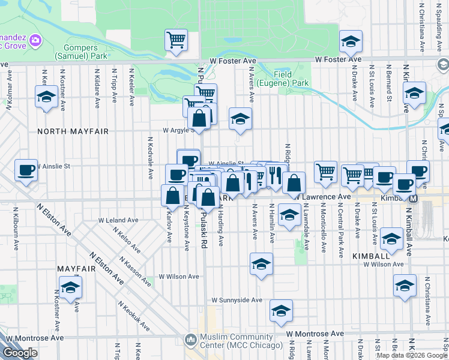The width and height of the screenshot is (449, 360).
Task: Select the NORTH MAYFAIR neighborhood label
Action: pyautogui.click(x=64, y=131)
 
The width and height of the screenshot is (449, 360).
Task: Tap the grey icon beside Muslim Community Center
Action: pyautogui.click(x=191, y=340)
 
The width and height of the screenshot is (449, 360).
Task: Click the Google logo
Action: pyautogui.click(x=20, y=353)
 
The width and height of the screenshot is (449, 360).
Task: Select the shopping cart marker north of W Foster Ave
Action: pyautogui.click(x=176, y=40)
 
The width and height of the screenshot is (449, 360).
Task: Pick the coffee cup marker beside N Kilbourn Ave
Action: pyautogui.click(x=26, y=170)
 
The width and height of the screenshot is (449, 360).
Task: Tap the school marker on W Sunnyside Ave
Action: pyautogui.click(x=280, y=310)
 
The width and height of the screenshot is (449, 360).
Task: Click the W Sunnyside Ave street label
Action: pyautogui.click(x=237, y=300)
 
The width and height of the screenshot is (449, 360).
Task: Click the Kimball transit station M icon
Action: pyautogui.click(x=413, y=198)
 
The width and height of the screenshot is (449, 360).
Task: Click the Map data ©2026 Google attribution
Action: pyautogui.click(x=412, y=355)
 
